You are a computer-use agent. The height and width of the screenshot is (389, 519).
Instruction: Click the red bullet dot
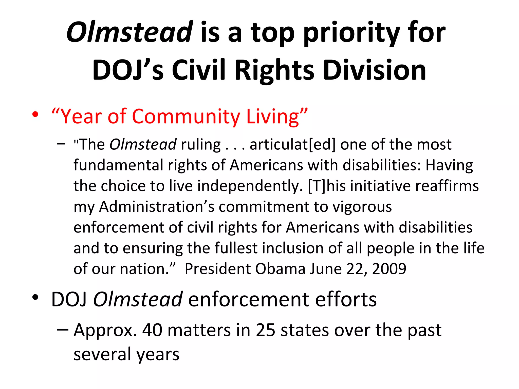tap(35, 115)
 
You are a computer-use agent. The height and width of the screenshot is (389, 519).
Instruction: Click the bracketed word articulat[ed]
tap(292, 145)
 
